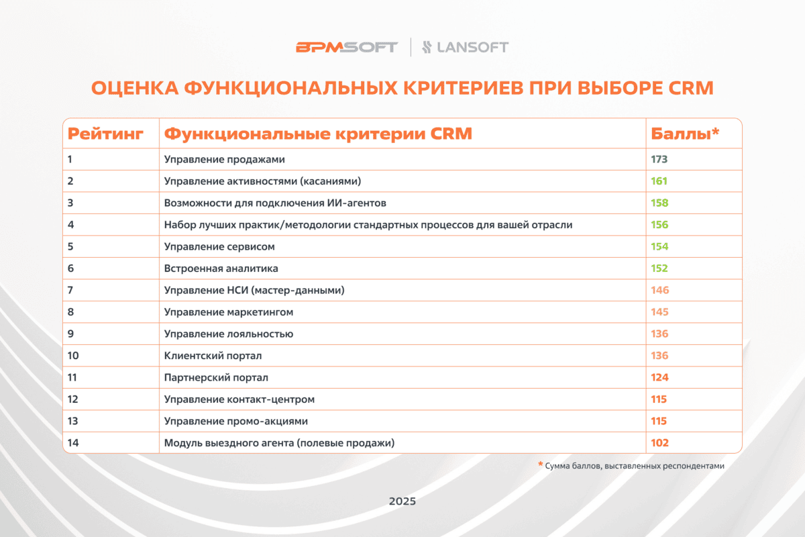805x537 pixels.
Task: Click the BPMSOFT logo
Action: (346, 47)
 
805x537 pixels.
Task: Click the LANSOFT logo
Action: (465, 47)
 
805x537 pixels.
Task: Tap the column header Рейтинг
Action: (106, 134)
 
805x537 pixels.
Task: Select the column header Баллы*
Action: (685, 134)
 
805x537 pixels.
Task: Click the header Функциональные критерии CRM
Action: (318, 134)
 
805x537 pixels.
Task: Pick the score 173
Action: (659, 160)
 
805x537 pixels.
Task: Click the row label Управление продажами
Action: (225, 160)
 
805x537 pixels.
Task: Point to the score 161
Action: (659, 181)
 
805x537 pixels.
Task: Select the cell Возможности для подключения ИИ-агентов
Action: (275, 203)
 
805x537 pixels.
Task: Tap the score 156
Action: (659, 225)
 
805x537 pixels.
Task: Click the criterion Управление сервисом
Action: (219, 246)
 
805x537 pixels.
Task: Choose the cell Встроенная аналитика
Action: (221, 268)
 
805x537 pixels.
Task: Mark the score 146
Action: (659, 290)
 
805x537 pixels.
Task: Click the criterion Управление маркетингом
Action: (229, 312)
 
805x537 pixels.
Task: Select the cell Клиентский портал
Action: (213, 356)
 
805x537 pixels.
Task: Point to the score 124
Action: (659, 377)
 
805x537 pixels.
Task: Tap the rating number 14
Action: (73, 443)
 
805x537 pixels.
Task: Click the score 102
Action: (659, 443)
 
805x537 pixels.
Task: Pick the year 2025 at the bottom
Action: (402, 501)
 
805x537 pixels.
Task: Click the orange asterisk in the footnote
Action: (540, 464)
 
